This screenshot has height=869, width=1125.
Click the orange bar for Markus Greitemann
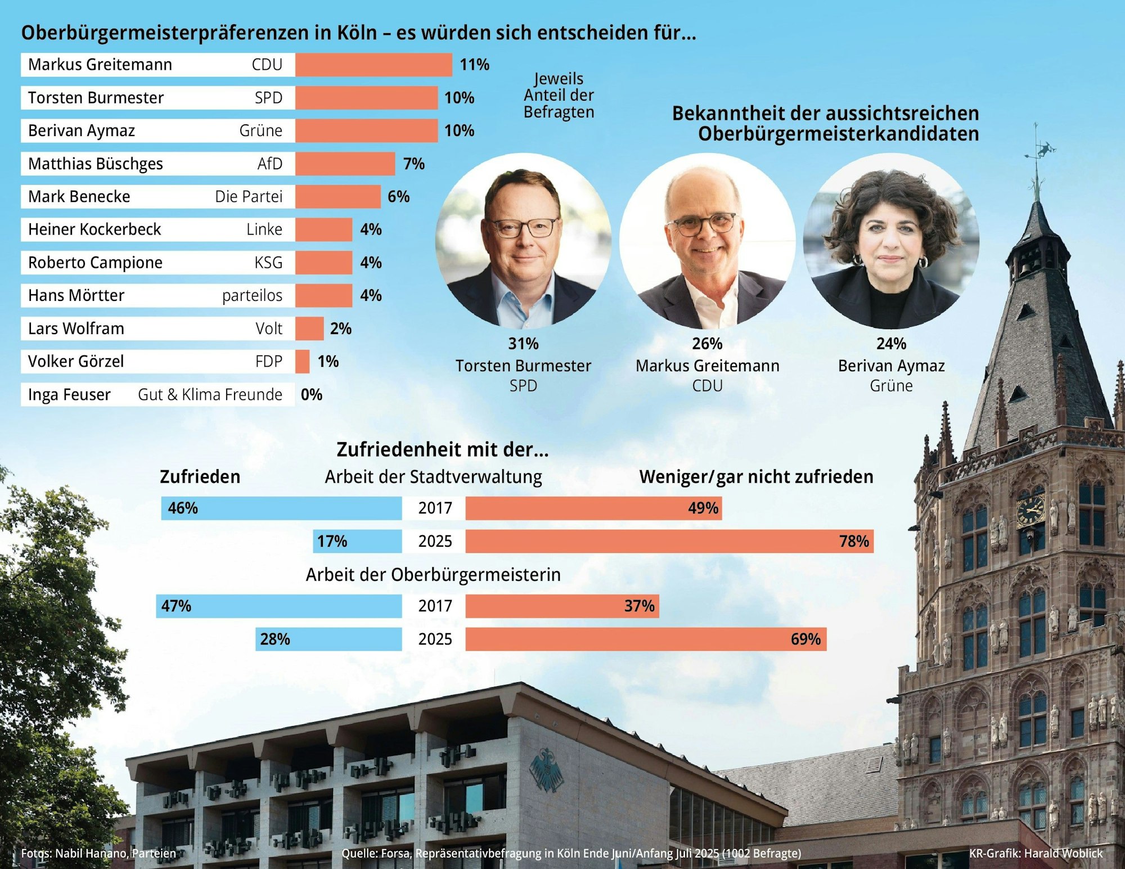click(x=373, y=65)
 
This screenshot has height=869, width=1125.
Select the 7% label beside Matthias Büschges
click(x=413, y=164)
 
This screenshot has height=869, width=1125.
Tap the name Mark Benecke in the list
click(x=79, y=196)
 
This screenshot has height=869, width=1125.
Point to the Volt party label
click(x=269, y=328)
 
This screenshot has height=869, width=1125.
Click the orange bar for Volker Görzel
click(x=302, y=362)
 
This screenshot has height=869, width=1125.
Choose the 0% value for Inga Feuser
click(x=312, y=395)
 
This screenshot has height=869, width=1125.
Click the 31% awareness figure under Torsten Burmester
click(x=523, y=344)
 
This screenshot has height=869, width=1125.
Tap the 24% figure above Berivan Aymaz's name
click(x=891, y=344)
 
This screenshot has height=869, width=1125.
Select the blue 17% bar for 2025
click(x=357, y=541)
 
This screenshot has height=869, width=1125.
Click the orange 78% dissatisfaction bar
click(x=669, y=541)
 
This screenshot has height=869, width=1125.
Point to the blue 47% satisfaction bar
click(x=279, y=606)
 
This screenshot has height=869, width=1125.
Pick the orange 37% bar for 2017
click(x=562, y=606)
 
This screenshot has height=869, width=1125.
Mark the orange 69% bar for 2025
click(x=646, y=639)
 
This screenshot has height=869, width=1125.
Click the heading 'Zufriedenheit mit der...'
click(x=443, y=449)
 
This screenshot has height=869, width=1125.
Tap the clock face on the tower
click(x=1030, y=511)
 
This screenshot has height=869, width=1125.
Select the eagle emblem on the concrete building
click(x=546, y=771)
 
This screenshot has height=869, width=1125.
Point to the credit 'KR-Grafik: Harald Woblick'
click(x=1036, y=853)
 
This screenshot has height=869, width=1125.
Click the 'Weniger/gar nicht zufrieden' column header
click(x=756, y=477)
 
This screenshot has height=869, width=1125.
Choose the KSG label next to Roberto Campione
click(x=268, y=263)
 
